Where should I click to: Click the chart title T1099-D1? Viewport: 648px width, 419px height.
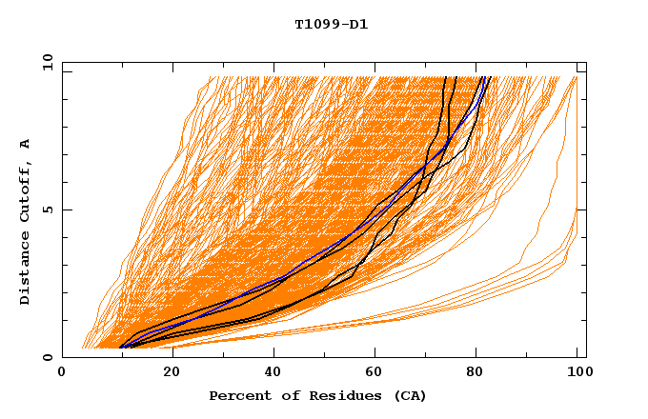pos(331,24)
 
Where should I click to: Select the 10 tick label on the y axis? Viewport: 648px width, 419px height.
pos(46,62)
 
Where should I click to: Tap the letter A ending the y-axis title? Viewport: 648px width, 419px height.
pos(25,144)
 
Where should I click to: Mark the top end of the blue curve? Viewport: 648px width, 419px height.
pos(487,77)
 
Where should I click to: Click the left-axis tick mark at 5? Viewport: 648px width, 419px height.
pos(66,209)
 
